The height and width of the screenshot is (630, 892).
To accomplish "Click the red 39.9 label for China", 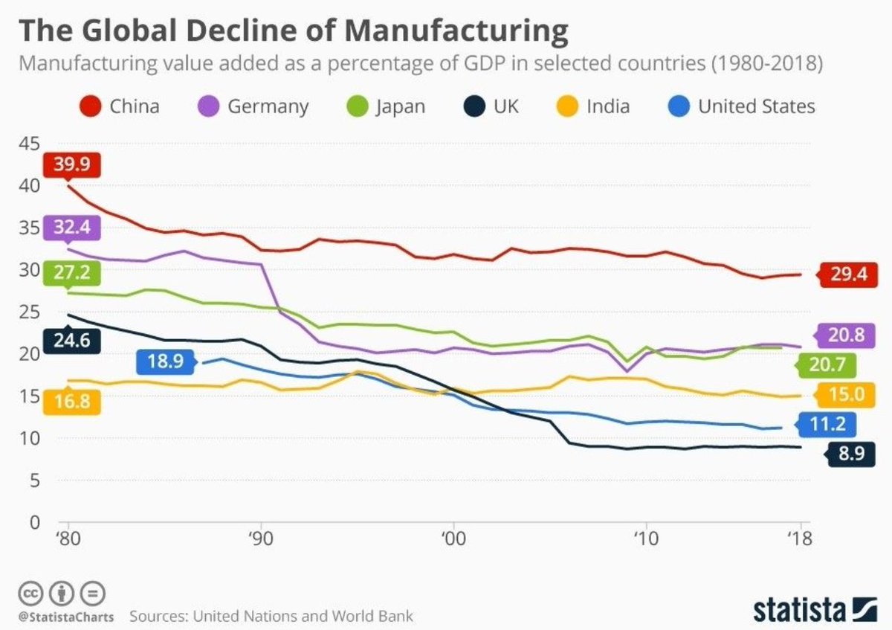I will click(x=71, y=164).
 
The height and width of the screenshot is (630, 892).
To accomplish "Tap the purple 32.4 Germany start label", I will click(x=71, y=228).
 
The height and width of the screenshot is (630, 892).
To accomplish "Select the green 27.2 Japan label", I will click(x=71, y=272).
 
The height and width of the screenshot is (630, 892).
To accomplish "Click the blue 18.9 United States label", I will click(x=165, y=363).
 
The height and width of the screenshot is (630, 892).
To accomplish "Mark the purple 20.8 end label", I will click(x=844, y=336).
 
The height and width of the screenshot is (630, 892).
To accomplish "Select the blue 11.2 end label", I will click(x=828, y=425).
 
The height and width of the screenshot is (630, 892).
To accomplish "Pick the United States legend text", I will click(x=756, y=106).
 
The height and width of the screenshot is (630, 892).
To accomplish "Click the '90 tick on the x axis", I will click(x=260, y=537).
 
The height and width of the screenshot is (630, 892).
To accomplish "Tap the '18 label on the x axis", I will click(x=798, y=537).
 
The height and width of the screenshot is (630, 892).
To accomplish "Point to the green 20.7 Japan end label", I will click(x=826, y=365).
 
